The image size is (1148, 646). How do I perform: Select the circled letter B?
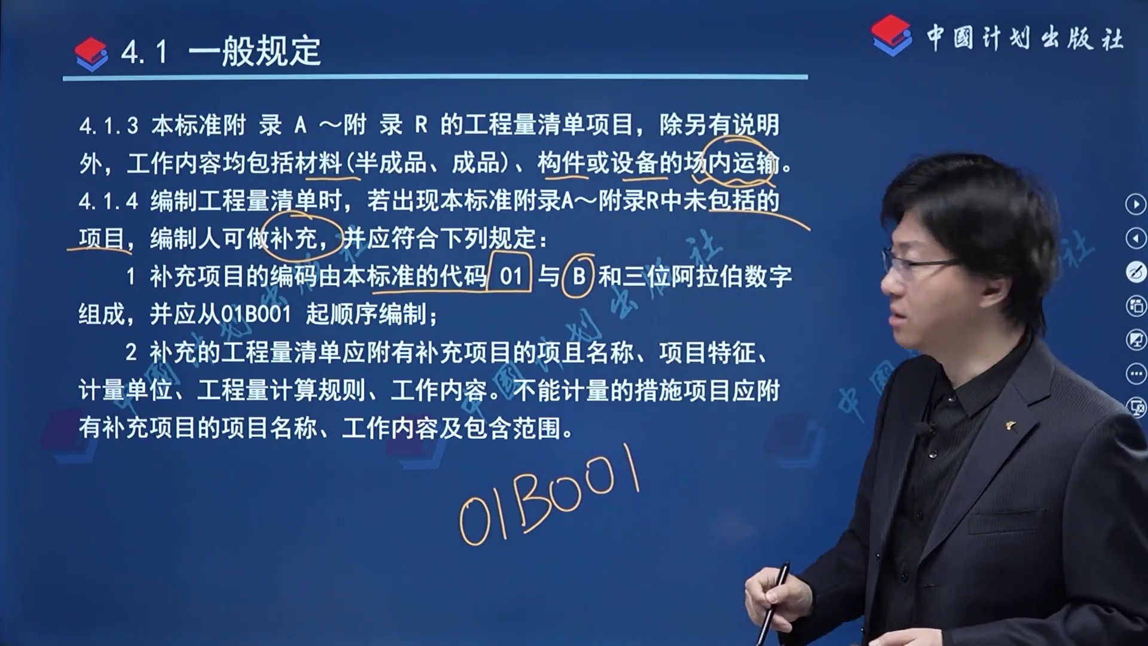[578, 277]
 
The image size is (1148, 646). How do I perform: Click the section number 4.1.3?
[109, 126]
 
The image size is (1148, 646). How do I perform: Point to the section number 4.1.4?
[109, 201]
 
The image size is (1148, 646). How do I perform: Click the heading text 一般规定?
[255, 51]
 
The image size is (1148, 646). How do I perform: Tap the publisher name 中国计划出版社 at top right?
[1025, 38]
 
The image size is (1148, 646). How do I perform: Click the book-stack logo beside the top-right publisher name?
[891, 35]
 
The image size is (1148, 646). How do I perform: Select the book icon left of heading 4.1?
[91, 54]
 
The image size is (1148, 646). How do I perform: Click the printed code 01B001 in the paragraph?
[256, 315]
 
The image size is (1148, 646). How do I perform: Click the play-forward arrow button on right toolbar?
[1135, 205]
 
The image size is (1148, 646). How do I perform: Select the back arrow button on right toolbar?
[1135, 239]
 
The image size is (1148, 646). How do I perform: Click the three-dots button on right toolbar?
[1135, 374]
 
